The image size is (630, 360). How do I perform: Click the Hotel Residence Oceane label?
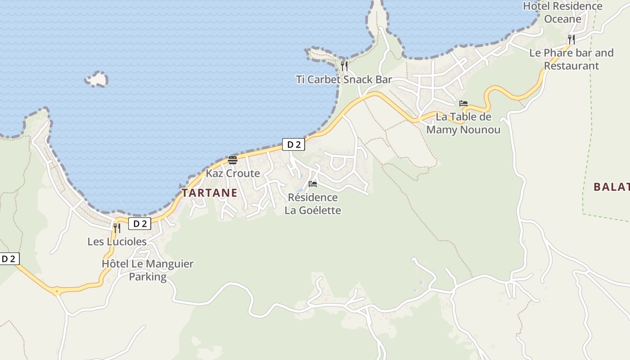tap(562, 13)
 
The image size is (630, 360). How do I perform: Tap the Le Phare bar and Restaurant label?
tap(571, 59)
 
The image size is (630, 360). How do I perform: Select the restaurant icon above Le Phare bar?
tap(571, 39)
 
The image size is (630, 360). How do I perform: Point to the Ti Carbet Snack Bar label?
tap(344, 80)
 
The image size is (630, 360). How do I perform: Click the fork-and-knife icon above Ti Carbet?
tap(344, 66)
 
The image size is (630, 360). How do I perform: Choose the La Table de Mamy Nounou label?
tap(463, 123)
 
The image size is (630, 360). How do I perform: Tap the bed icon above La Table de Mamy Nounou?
tap(463, 103)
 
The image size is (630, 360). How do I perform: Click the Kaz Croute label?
tap(233, 173)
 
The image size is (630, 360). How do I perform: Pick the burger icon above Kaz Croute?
tap(233, 160)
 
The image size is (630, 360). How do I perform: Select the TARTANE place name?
tap(209, 193)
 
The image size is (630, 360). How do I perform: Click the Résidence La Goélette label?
tap(313, 204)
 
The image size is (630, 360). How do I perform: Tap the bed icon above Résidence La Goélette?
tap(313, 184)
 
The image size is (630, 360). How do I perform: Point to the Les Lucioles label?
tap(117, 242)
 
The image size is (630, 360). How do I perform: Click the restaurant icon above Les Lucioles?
tap(117, 228)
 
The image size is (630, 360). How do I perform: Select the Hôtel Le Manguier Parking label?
tap(148, 270)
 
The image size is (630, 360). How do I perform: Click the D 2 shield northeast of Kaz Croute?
tap(293, 144)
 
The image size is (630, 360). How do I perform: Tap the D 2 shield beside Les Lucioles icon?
tap(139, 224)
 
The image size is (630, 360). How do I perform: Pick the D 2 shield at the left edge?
tap(9, 259)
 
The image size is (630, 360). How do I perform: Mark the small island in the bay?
tap(97, 79)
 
